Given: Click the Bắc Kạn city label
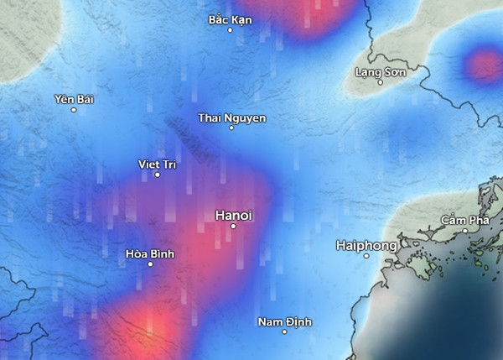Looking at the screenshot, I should (x=230, y=19).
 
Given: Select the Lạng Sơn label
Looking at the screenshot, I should (x=381, y=72).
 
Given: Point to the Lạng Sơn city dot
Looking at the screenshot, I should (x=380, y=82).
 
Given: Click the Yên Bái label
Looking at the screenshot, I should (x=74, y=99).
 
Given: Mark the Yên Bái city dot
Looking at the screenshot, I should (x=74, y=110).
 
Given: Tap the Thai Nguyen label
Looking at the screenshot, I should (x=232, y=117).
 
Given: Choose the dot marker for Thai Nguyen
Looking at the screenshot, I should (x=231, y=128).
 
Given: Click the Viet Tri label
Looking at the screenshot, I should (x=157, y=164).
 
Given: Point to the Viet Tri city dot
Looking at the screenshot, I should (x=157, y=175).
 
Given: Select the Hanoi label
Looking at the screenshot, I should (x=233, y=215).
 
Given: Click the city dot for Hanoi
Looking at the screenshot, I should (x=233, y=227).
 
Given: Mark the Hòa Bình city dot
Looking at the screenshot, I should (x=150, y=264).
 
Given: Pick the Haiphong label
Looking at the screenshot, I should (x=366, y=245).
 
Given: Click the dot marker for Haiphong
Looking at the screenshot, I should (x=366, y=256).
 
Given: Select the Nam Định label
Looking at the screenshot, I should (x=285, y=321).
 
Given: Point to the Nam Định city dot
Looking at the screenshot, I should (x=285, y=331).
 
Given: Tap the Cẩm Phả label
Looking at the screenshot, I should (x=465, y=220).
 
